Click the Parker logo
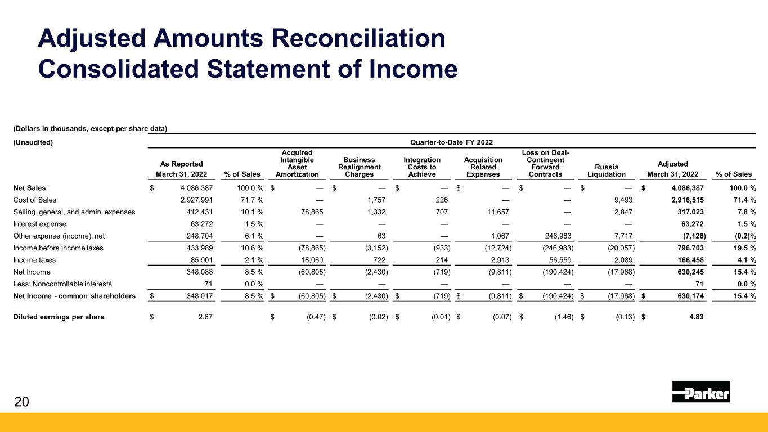pyautogui.click(x=700, y=391)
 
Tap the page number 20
pyautogui.click(x=21, y=402)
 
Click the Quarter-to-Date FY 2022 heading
pyautogui.click(x=451, y=142)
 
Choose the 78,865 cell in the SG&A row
pyautogui.click(x=312, y=212)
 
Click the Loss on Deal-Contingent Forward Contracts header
pyautogui.click(x=545, y=163)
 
